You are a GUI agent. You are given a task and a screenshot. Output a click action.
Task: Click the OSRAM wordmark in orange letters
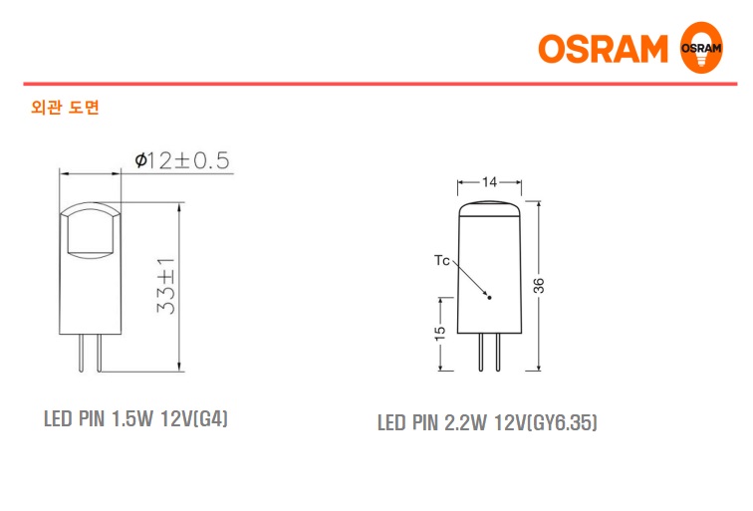point(604,49)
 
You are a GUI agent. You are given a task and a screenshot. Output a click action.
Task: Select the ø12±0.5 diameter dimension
point(181,160)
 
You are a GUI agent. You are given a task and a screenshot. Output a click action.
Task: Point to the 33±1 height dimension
point(166,287)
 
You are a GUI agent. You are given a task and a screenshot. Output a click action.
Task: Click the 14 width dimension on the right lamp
point(488,183)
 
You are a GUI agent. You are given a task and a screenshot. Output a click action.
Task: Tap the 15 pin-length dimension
point(439,335)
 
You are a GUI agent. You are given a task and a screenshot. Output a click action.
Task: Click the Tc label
point(442,261)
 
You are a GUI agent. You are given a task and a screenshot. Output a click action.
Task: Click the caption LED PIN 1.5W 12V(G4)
point(136,418)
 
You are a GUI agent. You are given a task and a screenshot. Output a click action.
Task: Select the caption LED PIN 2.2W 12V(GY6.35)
point(487,423)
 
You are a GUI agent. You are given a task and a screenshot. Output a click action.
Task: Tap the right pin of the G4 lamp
point(98,353)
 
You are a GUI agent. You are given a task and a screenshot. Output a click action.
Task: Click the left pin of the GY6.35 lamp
point(480,351)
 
